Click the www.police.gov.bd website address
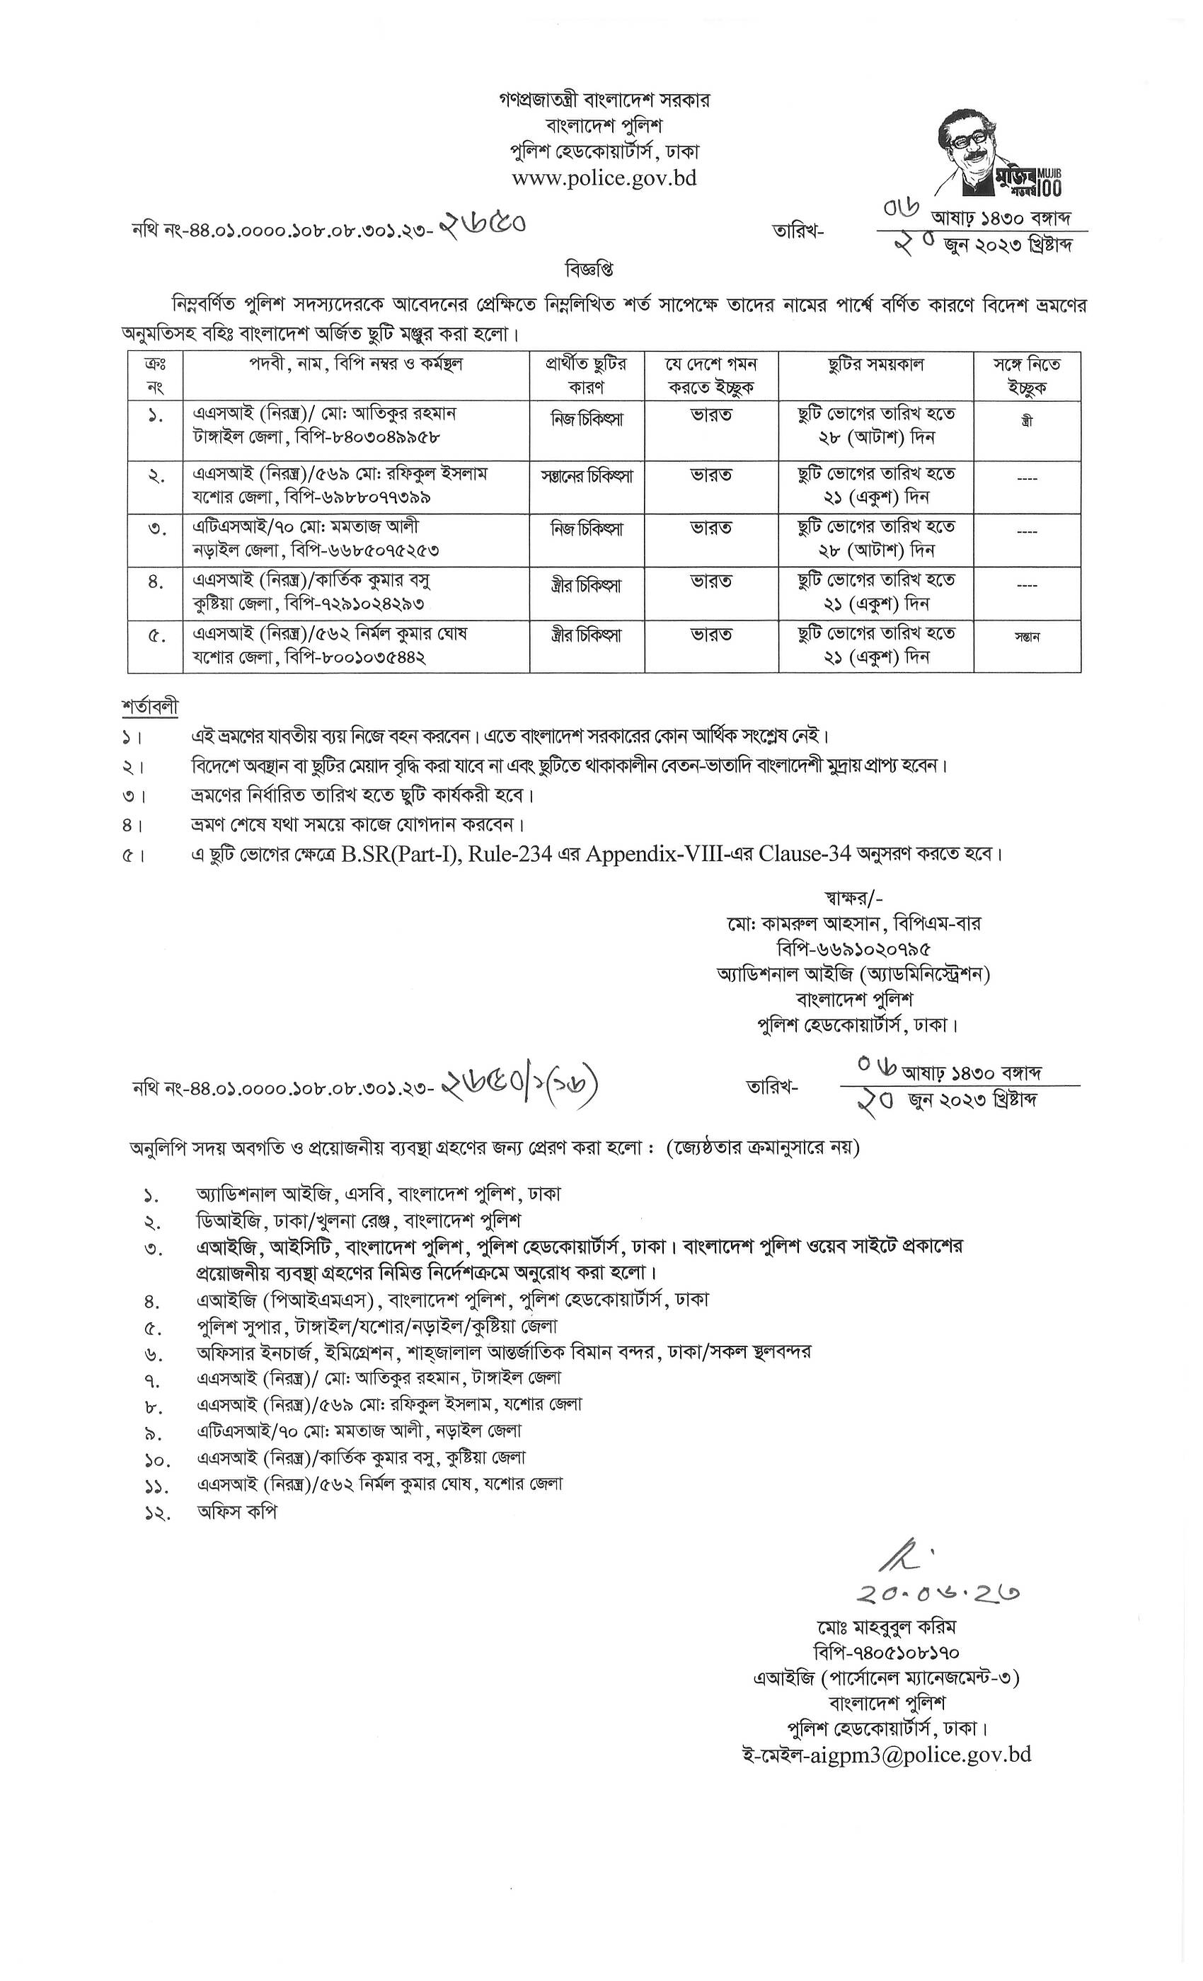pos(604,178)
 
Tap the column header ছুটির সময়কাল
pos(876,365)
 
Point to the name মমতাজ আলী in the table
pos(383,526)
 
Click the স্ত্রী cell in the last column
pos(1026,420)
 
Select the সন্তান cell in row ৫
pos(1027,637)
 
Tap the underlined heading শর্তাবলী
pos(150,707)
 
